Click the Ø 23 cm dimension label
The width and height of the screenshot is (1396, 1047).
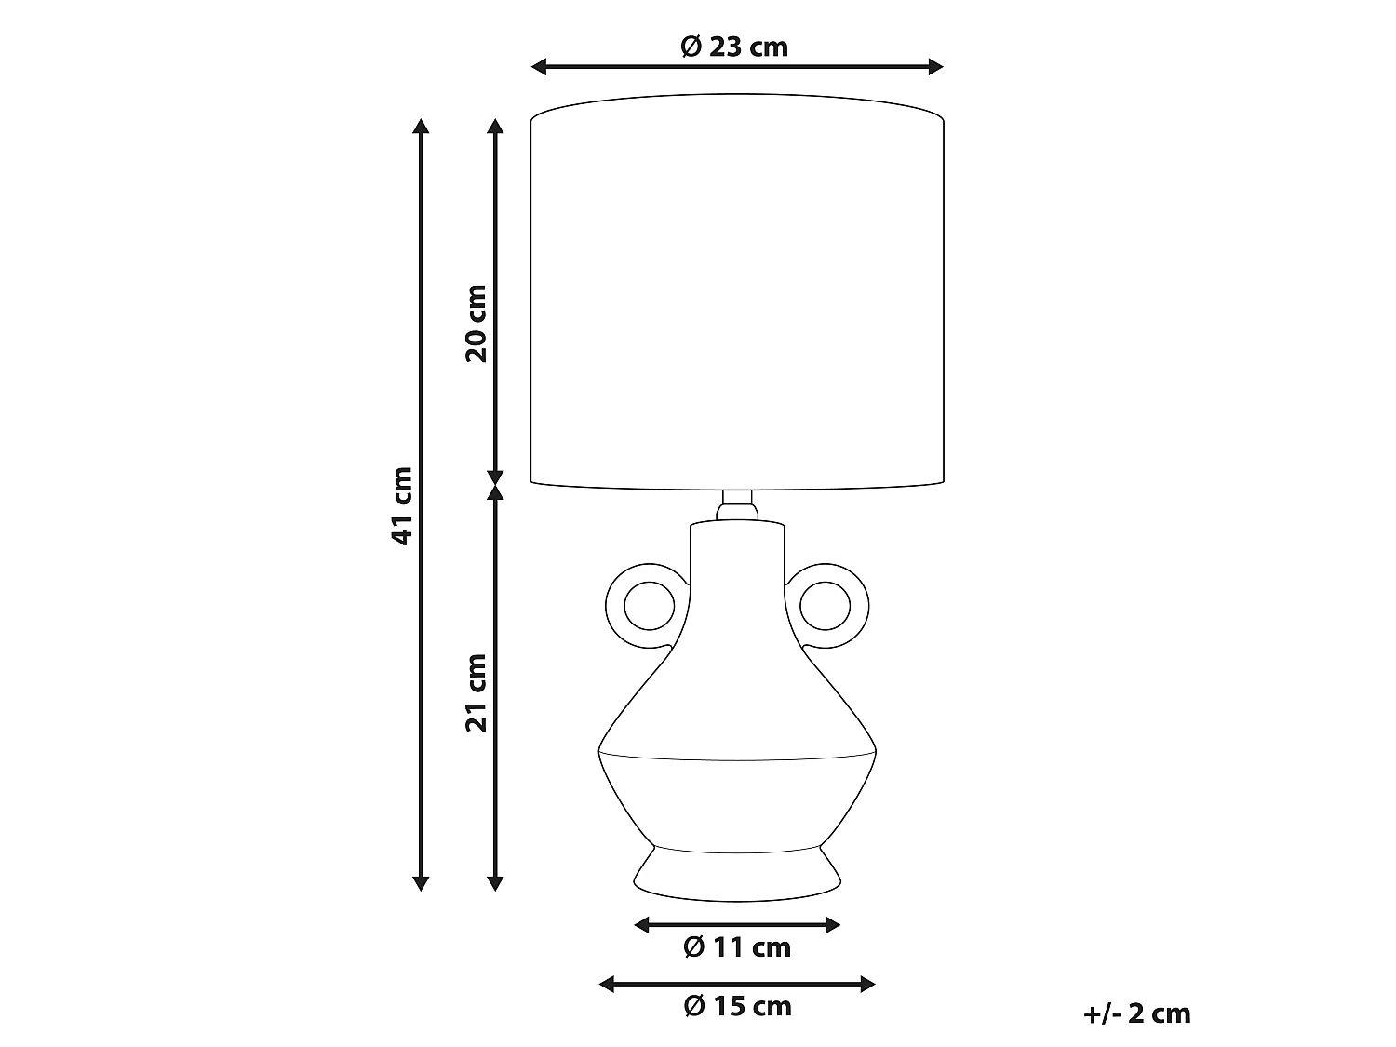[x=734, y=47]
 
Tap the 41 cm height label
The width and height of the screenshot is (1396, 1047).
[x=402, y=505]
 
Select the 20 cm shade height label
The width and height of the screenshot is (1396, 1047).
[x=476, y=324]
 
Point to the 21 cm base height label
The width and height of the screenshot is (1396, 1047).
[x=476, y=693]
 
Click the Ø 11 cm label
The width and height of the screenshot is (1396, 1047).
[x=737, y=947]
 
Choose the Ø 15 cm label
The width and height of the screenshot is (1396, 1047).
[x=737, y=1006]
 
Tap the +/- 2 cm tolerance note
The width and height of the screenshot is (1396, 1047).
[x=1136, y=1013]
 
